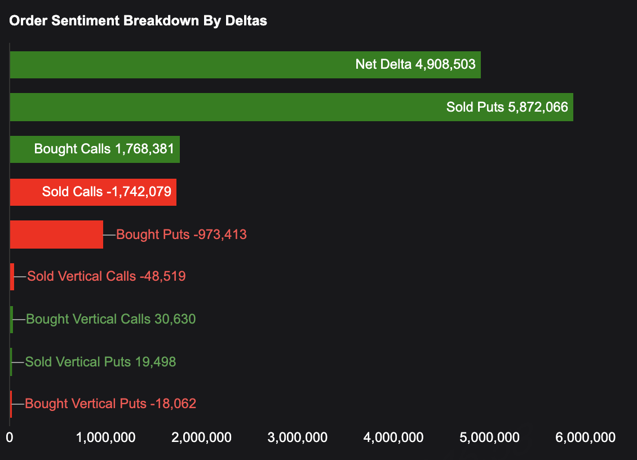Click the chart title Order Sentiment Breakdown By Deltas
click(138, 21)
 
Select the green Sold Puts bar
click(225, 107)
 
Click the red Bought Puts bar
click(56, 235)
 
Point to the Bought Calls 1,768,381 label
click(104, 149)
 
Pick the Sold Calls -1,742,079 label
click(106, 192)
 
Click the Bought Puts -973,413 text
click(181, 235)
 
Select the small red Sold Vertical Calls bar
click(12, 277)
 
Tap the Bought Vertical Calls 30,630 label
click(110, 319)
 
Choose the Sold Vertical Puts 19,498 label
click(100, 361)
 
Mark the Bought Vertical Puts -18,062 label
click(110, 404)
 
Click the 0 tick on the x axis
click(10, 437)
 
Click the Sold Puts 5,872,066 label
click(507, 107)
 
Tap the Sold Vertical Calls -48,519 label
click(106, 277)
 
